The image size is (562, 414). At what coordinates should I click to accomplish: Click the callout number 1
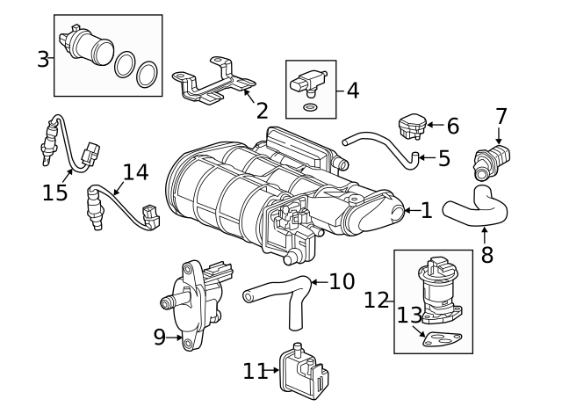[x=426, y=210]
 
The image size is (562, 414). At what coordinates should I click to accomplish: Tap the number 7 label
[x=501, y=116]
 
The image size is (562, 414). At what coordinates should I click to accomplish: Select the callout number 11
[x=256, y=371]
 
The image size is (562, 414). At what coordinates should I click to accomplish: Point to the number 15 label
[x=54, y=192]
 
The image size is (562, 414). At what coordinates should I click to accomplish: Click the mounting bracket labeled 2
[x=213, y=81]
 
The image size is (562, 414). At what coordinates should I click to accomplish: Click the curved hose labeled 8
[x=475, y=207]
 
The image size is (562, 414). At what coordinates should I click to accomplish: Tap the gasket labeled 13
[x=442, y=339]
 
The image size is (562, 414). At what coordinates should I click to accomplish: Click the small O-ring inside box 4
[x=310, y=107]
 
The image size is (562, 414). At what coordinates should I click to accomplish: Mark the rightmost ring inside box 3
[x=147, y=74]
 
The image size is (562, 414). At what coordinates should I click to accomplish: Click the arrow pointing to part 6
[x=436, y=125]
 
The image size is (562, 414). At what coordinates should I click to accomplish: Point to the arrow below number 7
[x=499, y=136]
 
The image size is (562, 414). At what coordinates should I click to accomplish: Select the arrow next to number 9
[x=175, y=338]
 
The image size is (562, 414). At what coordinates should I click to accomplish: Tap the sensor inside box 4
[x=307, y=84]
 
